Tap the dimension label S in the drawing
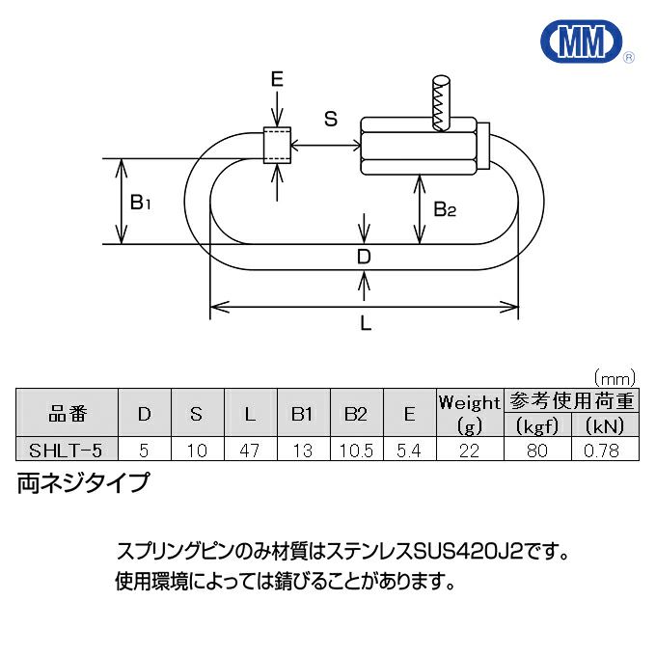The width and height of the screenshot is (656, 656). point(330,119)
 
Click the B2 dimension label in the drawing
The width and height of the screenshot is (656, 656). point(445,208)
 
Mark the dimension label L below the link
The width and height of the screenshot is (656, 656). point(366,324)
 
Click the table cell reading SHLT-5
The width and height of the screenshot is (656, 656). point(66,450)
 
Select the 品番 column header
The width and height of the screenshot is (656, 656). point(66,414)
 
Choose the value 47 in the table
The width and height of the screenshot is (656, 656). point(250,450)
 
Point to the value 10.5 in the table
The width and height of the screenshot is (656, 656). point(356,450)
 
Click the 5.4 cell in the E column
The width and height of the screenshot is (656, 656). point(409,450)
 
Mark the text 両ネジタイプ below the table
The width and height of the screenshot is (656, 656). point(84,482)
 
